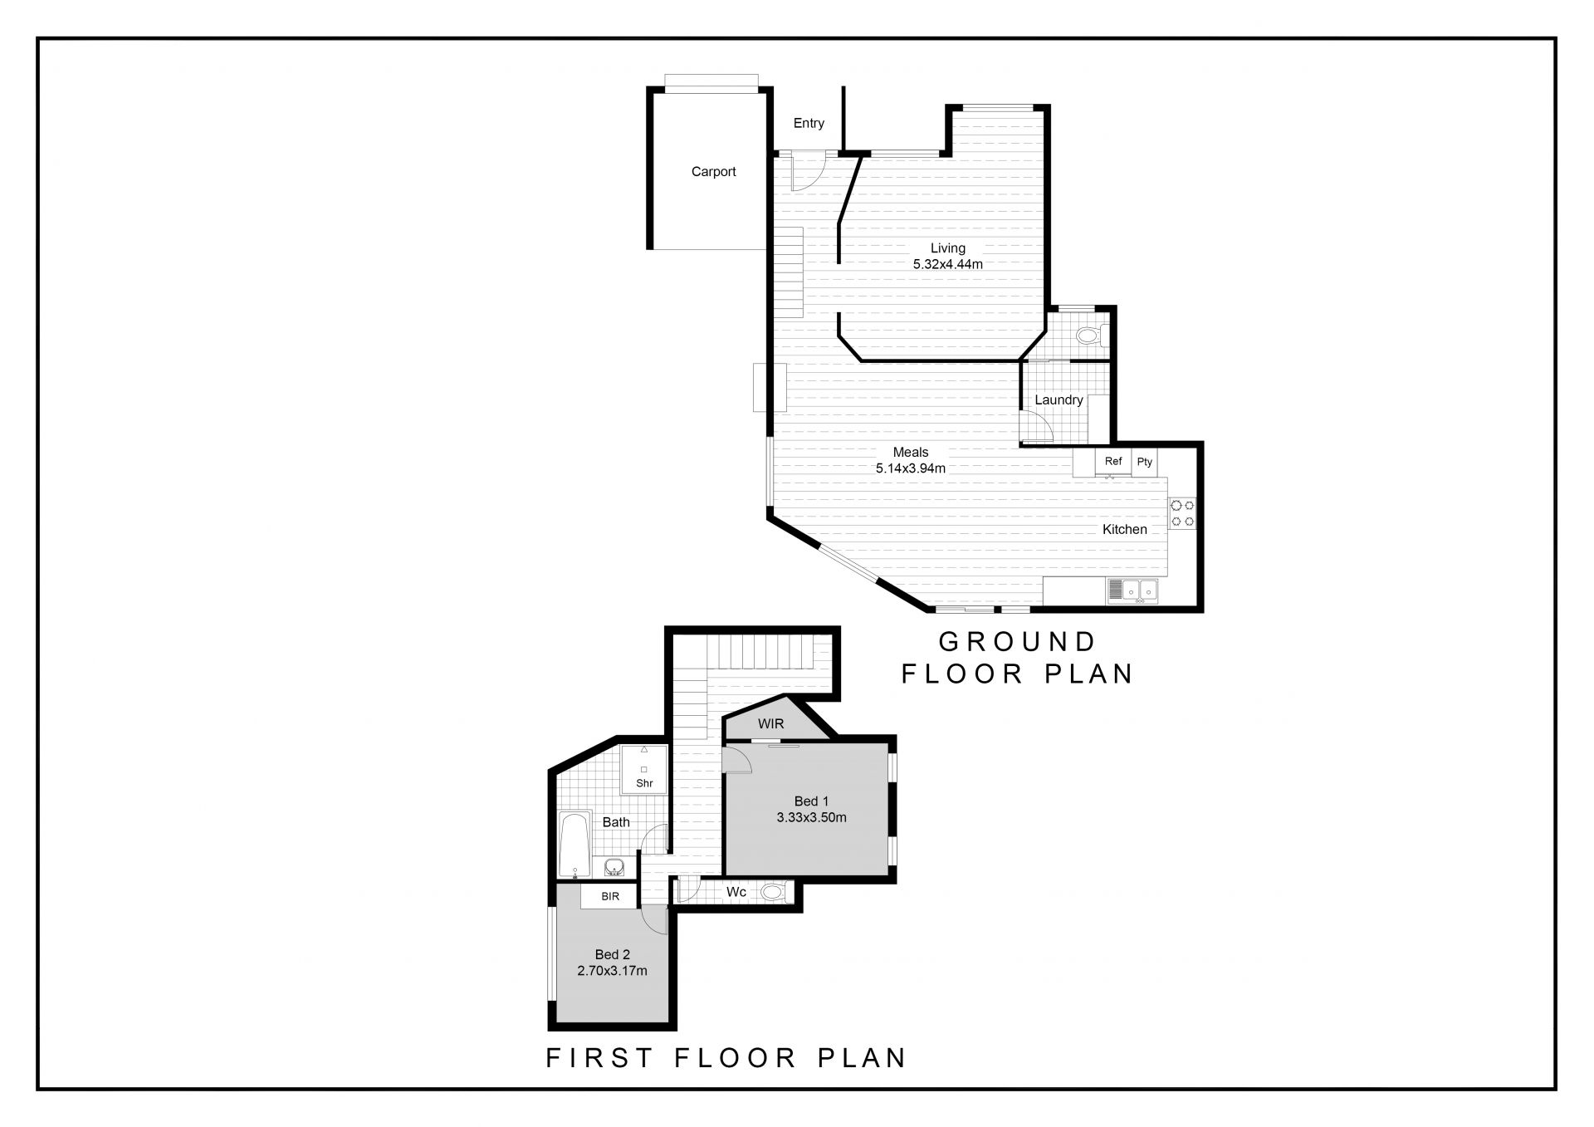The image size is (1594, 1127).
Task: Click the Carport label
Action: [714, 172]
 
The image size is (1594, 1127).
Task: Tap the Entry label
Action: [809, 124]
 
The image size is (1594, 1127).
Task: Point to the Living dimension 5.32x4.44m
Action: [948, 265]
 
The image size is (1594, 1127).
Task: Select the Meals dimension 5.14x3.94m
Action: [911, 468]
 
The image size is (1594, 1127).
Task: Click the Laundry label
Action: [1059, 400]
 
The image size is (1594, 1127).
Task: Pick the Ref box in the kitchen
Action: [1113, 462]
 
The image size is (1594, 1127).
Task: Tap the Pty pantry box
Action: [1145, 463]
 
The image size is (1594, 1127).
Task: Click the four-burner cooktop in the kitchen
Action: [1182, 512]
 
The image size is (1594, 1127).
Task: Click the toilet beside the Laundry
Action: [1088, 336]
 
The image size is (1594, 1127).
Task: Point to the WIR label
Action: [770, 724]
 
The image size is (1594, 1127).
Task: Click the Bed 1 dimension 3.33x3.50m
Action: [811, 817]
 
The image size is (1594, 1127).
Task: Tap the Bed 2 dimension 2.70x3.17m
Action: [612, 970]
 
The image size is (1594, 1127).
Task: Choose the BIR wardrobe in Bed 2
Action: [610, 897]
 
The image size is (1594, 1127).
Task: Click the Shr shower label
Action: [644, 783]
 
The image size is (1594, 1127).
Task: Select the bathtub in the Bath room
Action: [575, 845]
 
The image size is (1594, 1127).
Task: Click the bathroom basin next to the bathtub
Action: [614, 868]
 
